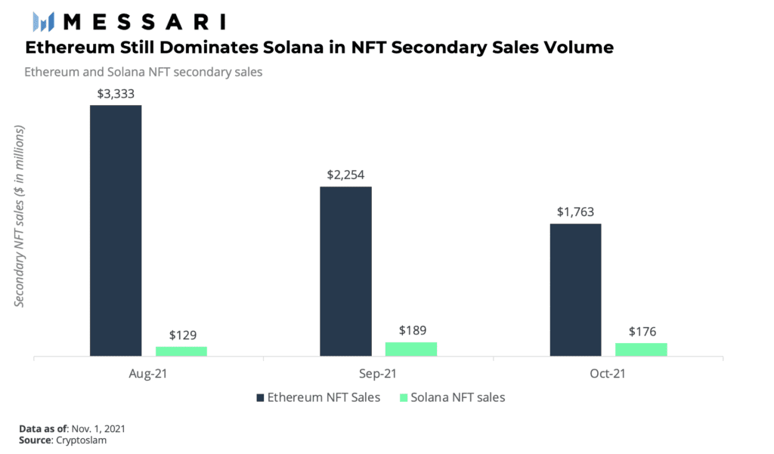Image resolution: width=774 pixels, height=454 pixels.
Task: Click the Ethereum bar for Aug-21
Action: point(116,230)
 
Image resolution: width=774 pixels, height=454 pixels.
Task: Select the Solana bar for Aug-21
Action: point(181,351)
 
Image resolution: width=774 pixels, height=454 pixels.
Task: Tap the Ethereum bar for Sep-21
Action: point(345,270)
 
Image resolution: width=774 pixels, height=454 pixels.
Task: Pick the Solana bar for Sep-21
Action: point(411,348)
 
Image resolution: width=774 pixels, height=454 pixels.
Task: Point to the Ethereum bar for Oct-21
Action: point(575,289)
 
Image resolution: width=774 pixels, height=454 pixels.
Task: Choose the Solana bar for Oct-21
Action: point(641,349)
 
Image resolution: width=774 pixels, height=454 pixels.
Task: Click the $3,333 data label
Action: point(116,94)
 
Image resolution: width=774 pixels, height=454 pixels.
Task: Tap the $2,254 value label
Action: point(345,175)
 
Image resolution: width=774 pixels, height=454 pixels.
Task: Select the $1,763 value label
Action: point(575,212)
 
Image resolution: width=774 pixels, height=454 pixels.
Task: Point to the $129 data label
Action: point(181,335)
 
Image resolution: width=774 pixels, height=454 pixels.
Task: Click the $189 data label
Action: point(411,331)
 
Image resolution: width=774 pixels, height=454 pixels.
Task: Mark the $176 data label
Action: point(641,332)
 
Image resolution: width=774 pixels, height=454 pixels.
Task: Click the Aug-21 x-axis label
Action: point(149,374)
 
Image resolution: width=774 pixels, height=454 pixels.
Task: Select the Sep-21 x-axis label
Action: point(379,374)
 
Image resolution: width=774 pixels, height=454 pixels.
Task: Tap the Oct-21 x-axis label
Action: point(608,374)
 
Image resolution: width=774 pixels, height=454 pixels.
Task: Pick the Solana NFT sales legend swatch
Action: point(404,397)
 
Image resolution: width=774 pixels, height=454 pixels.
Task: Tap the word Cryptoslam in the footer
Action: point(81,440)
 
